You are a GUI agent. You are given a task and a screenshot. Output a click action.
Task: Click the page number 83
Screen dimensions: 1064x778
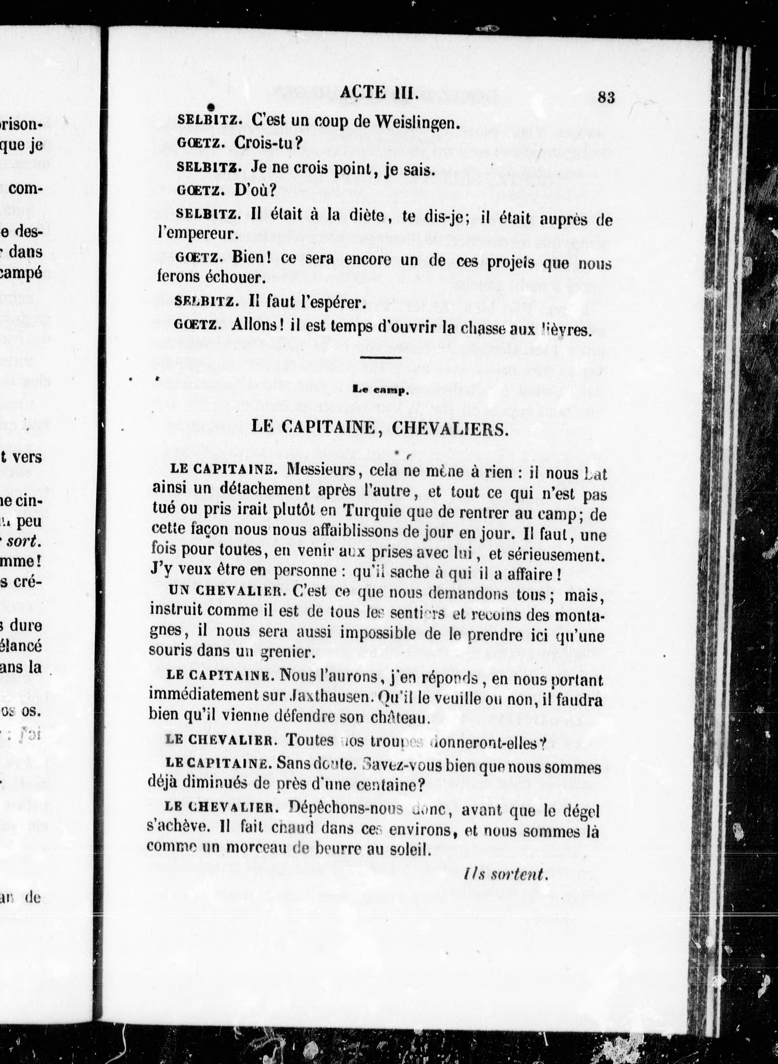tap(606, 97)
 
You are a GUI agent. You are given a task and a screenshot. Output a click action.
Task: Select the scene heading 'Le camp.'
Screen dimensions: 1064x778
tap(379, 390)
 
